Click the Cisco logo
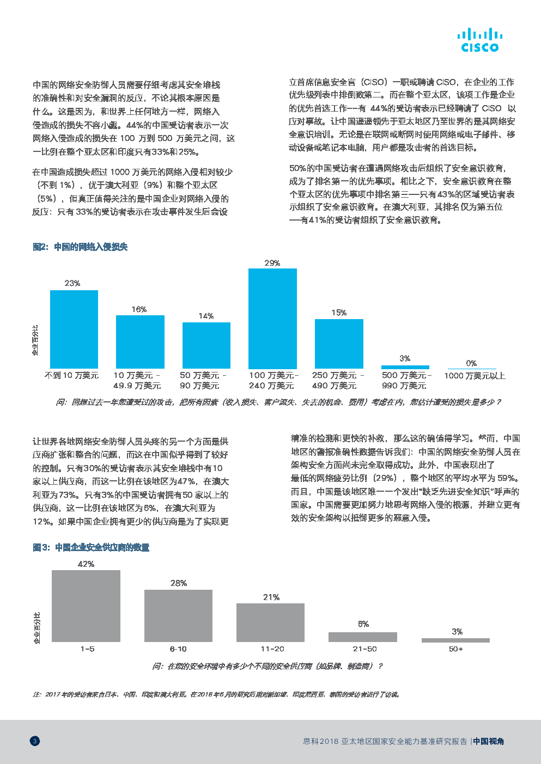tap(479, 40)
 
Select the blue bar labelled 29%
tap(272, 318)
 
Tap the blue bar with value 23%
tap(74, 329)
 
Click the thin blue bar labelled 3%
tap(405, 367)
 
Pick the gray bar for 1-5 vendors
tap(86, 606)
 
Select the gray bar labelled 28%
tap(178, 615)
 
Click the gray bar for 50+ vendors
tap(455, 640)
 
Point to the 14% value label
tap(206, 316)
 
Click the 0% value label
tap(471, 363)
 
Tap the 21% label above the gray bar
tap(271, 597)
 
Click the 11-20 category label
tap(272, 649)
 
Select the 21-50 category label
tap(364, 649)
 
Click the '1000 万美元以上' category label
tap(475, 376)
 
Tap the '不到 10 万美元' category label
tap(71, 375)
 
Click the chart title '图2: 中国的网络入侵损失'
tap(80, 247)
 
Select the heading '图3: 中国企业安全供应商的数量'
tap(91, 547)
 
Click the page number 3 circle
tap(35, 741)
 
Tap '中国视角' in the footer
tap(489, 741)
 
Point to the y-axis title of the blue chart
tap(35, 340)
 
